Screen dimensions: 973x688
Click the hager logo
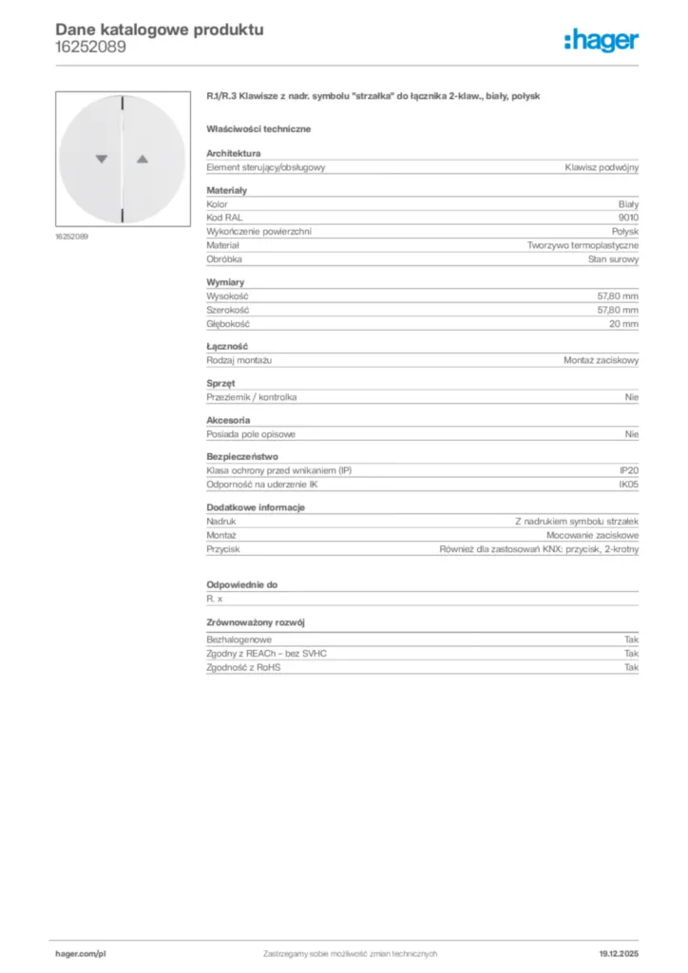[602, 40]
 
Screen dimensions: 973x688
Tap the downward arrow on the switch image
[102, 160]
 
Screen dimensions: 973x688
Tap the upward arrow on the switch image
[143, 160]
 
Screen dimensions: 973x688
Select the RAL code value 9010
[628, 218]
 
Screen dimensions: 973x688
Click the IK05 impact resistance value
[628, 485]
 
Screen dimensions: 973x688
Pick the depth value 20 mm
[624, 324]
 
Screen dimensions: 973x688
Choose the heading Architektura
[234, 153]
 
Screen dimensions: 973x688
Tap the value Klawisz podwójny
[602, 167]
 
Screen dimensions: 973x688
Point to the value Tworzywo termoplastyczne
[583, 245]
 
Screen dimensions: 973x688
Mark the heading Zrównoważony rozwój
[255, 622]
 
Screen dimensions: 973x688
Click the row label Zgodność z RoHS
[244, 668]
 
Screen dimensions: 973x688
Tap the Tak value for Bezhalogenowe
[631, 640]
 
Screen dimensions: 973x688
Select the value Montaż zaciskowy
[602, 360]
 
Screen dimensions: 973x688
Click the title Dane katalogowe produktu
[160, 29]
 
